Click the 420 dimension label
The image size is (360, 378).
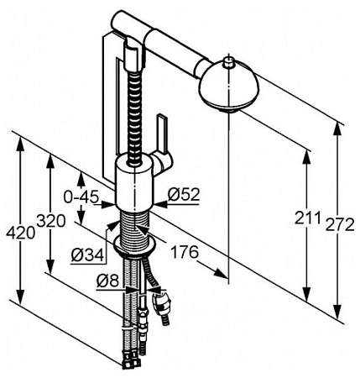(x=21, y=233)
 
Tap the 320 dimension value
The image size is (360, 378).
(x=51, y=221)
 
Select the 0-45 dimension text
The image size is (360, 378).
(x=81, y=197)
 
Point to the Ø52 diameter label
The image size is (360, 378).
(x=184, y=194)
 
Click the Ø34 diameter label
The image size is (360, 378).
(x=87, y=255)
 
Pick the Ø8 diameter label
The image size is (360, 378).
(x=107, y=281)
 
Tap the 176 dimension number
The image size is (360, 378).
(x=185, y=252)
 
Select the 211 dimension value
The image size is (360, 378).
(x=307, y=218)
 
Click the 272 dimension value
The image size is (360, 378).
(x=340, y=224)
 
